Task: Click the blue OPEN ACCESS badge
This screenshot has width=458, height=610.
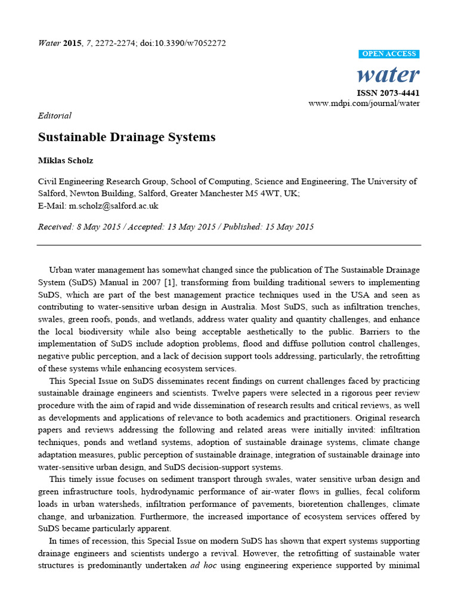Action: pos(389,54)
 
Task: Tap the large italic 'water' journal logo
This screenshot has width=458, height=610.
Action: pos(388,74)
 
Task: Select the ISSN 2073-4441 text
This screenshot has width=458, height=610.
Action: pos(388,93)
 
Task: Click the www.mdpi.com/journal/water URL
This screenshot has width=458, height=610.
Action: pos(364,103)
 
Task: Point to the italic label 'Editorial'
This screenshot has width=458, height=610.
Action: pos(54,116)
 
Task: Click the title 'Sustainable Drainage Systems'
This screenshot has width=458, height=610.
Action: pos(126,137)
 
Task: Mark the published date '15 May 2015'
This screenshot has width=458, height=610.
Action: pos(287,227)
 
